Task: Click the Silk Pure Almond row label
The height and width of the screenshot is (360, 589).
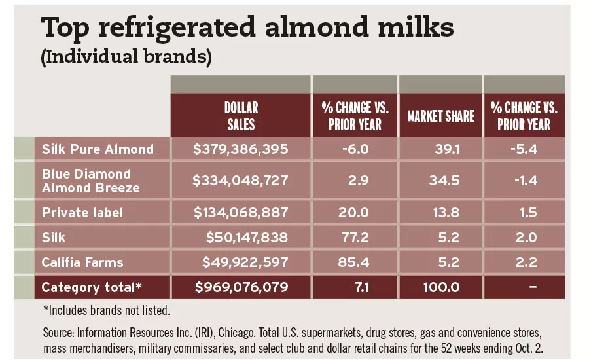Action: click(98, 149)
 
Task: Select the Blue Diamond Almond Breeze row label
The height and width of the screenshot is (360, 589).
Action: click(90, 181)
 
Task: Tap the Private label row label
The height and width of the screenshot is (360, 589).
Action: click(82, 213)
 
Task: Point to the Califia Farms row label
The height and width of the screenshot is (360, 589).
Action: click(82, 263)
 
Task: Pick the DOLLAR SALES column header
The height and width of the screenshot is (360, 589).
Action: click(241, 116)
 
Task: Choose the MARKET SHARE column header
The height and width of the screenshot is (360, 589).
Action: click(440, 117)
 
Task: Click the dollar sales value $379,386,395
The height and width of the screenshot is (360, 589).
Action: click(241, 149)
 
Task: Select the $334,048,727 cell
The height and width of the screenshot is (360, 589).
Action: click(241, 181)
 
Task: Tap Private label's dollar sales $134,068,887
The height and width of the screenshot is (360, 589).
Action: click(241, 213)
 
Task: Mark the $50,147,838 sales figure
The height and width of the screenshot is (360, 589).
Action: click(247, 238)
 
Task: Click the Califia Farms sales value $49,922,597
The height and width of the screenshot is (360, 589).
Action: click(247, 263)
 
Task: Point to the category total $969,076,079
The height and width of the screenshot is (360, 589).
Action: click(241, 287)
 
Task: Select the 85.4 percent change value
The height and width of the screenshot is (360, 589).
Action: click(355, 263)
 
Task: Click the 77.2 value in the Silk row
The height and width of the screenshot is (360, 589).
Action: click(355, 238)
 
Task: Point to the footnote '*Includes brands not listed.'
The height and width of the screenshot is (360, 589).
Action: click(106, 309)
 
